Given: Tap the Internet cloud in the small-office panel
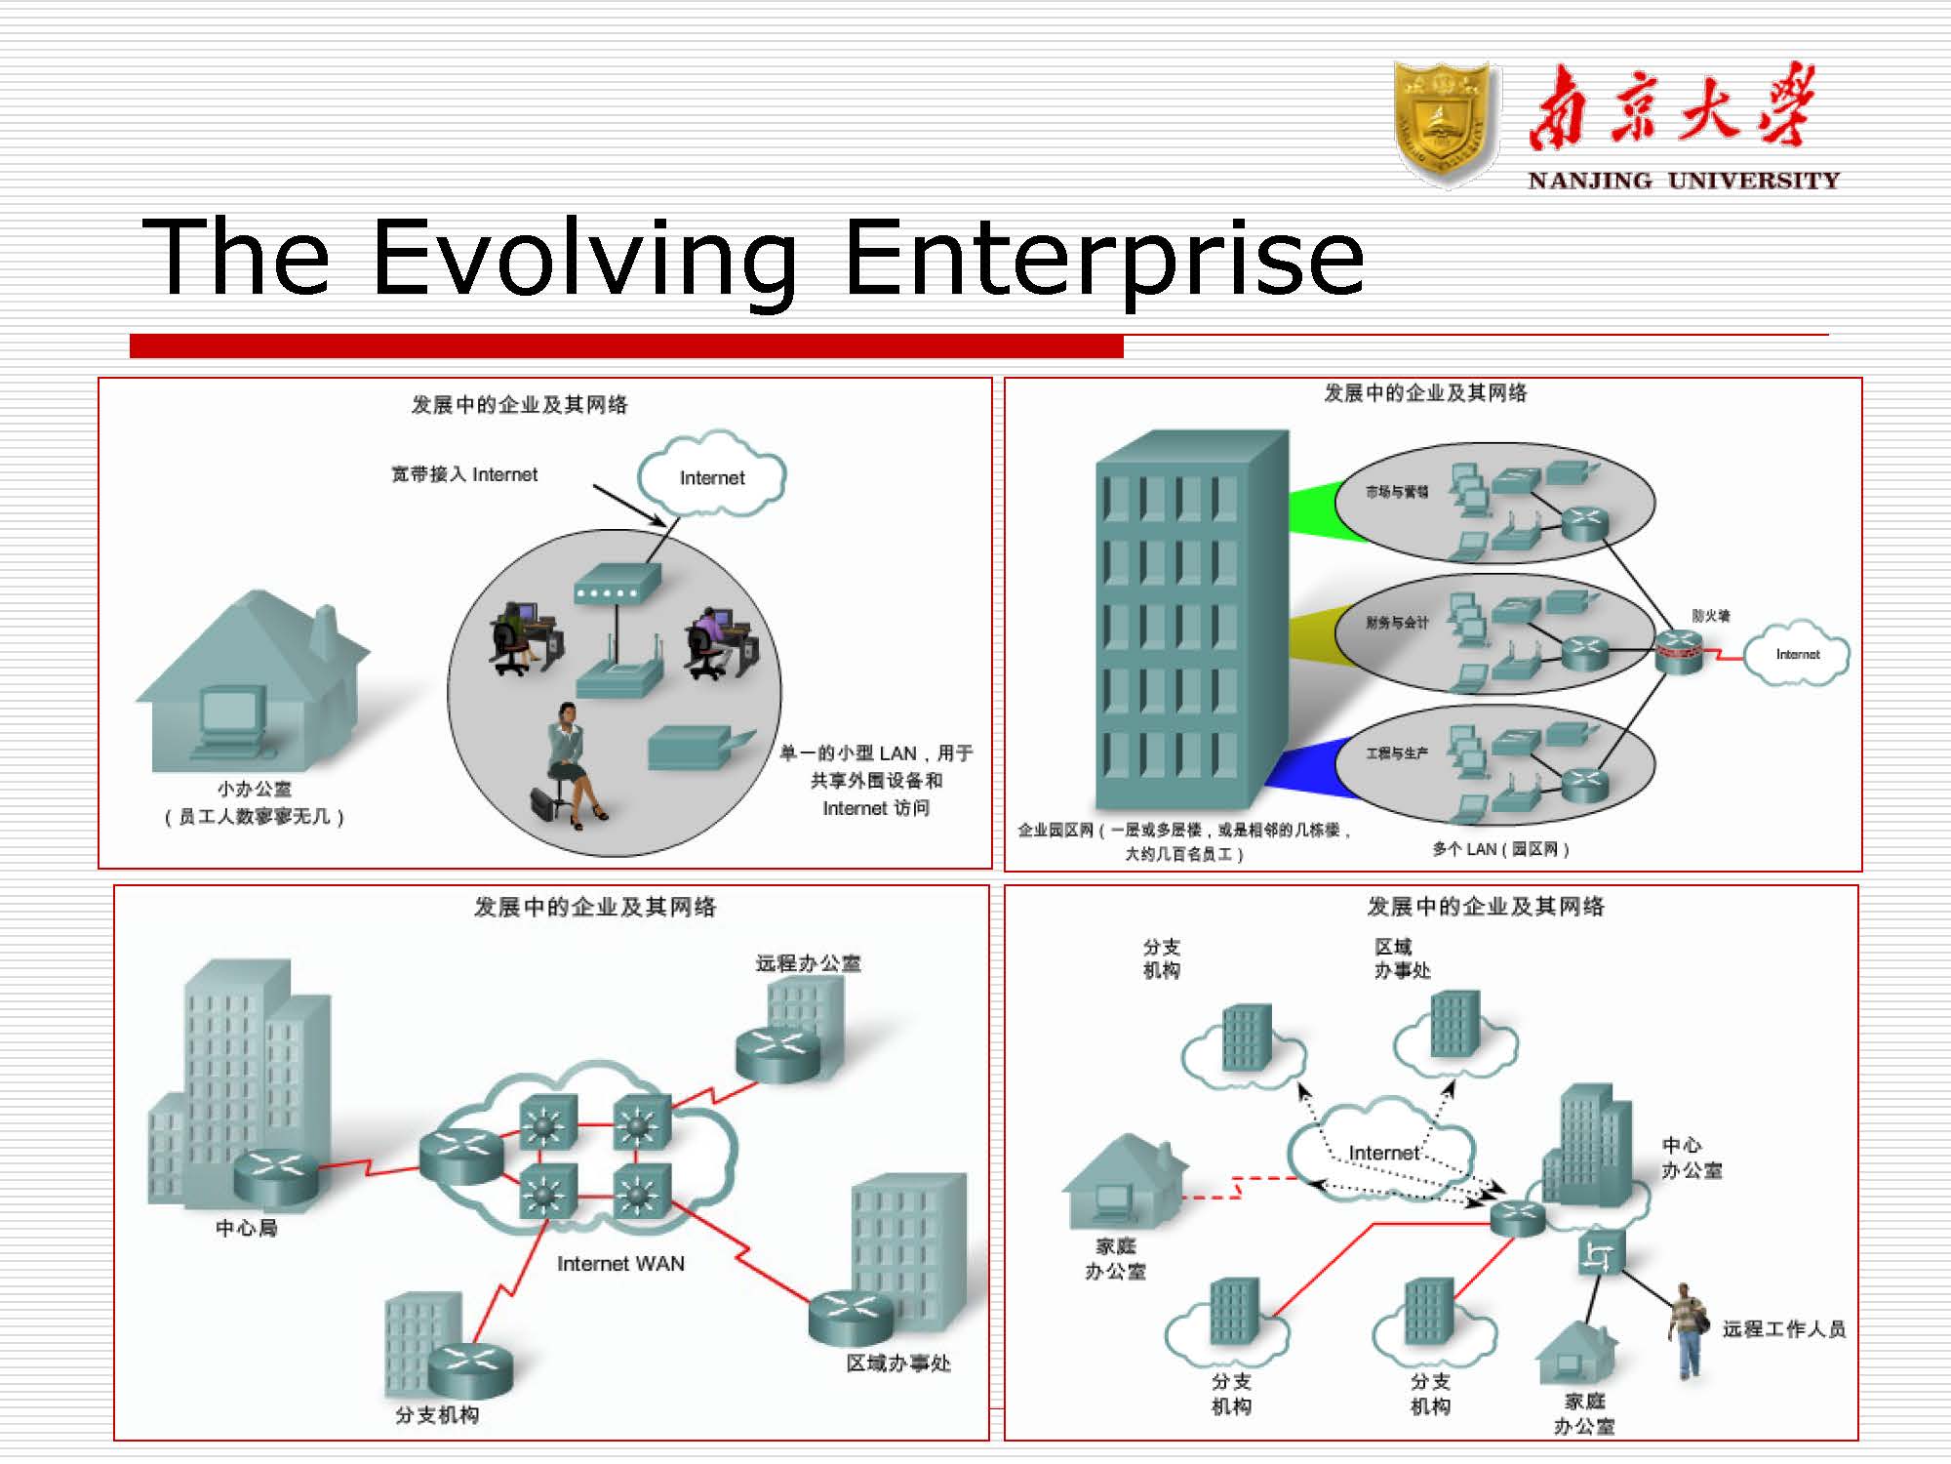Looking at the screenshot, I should point(711,476).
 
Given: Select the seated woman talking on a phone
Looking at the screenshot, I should point(571,765).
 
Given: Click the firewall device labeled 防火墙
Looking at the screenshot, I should point(1679,651).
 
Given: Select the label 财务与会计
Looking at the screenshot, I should point(1396,623).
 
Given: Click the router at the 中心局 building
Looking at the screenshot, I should point(276,1175).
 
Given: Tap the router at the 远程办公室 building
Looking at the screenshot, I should point(777,1053).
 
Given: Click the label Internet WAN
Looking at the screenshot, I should point(620,1264).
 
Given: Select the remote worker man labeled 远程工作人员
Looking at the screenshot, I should point(1686,1327).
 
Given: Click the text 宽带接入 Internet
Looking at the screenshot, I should point(464,474).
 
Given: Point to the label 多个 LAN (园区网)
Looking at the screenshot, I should point(1500,849).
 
